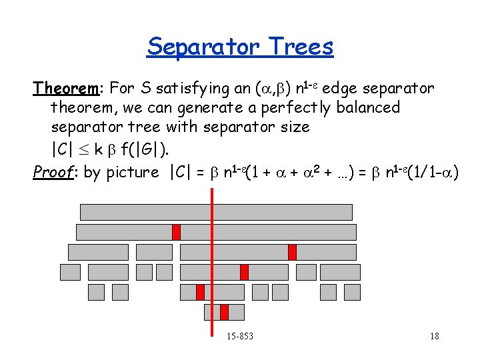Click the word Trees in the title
click(301, 47)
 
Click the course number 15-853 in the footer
click(239, 336)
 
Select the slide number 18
click(434, 336)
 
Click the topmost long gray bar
click(216, 212)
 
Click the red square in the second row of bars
click(176, 232)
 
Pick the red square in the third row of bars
click(292, 252)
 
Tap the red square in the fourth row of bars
click(244, 272)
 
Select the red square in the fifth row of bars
click(200, 292)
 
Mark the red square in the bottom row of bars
click(224, 312)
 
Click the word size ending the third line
click(293, 126)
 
